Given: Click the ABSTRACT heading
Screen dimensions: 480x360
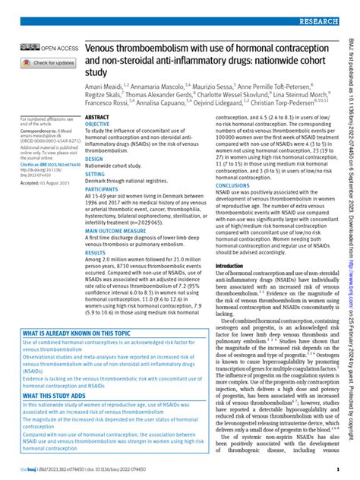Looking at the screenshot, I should tap(98, 117).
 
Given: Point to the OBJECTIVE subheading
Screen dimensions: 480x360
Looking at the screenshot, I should tap(98, 123).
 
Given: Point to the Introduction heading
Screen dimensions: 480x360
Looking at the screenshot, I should tap(230, 245).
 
